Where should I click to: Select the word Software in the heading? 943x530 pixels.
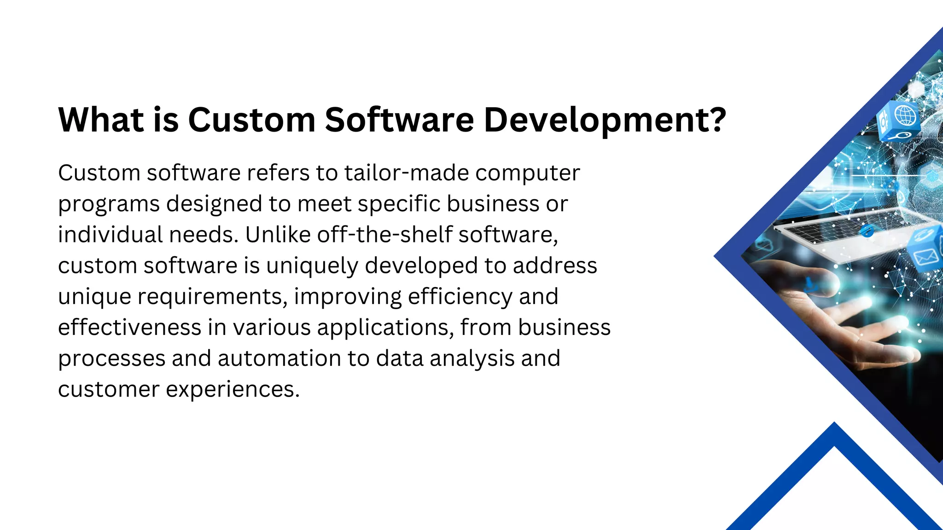[399, 120]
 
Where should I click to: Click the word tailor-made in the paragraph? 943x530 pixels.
[407, 173]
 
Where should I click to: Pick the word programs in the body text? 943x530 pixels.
[109, 205]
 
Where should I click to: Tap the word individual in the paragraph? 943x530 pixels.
[110, 235]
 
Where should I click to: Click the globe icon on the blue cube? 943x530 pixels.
[906, 115]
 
